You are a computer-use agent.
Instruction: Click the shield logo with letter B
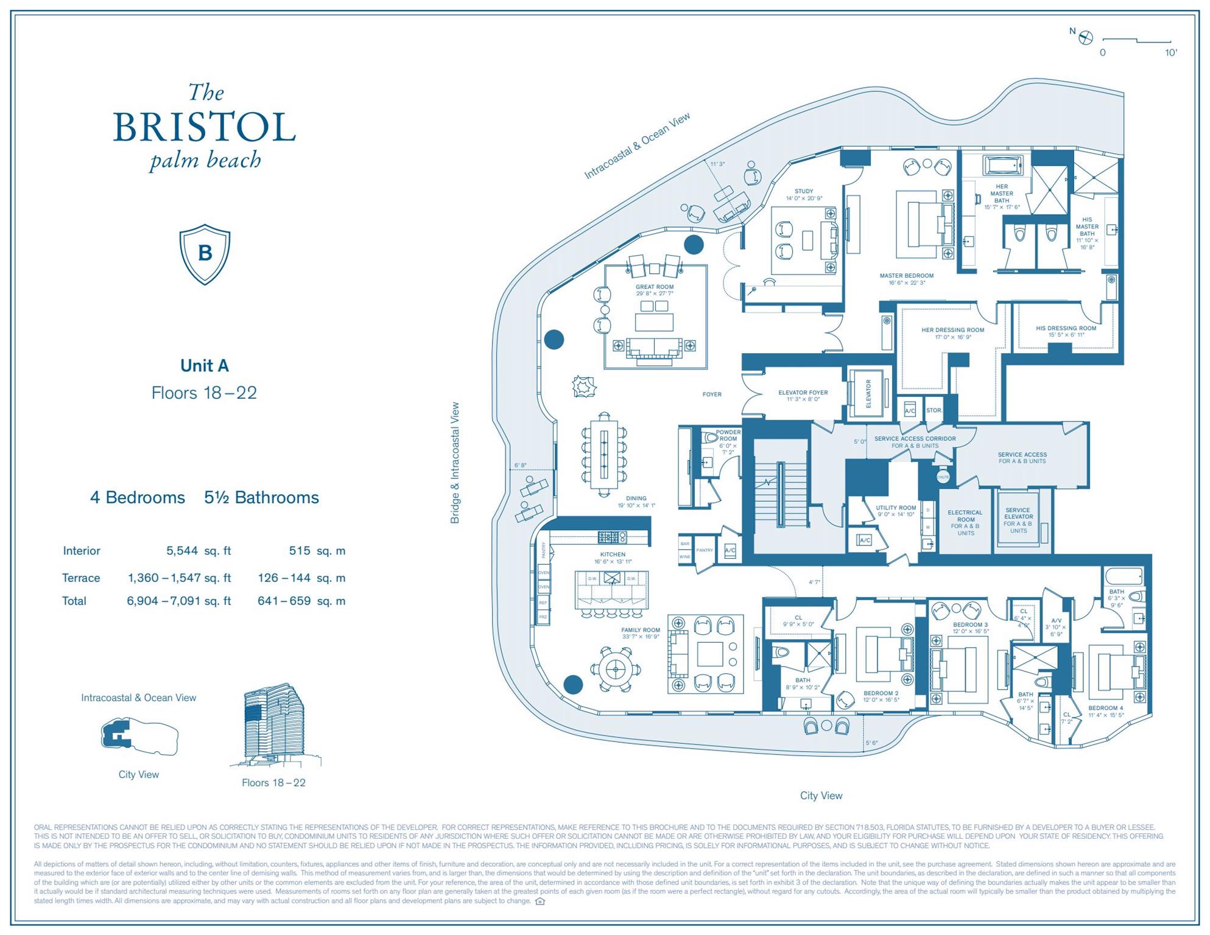[x=205, y=254]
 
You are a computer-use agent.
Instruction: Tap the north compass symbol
[x=1085, y=38]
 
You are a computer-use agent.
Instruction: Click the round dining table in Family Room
[x=616, y=670]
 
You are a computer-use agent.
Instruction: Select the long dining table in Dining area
[x=603, y=454]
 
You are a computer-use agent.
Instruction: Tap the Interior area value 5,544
[x=182, y=551]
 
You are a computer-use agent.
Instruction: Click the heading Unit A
[x=205, y=366]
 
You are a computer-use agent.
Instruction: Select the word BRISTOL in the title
[x=205, y=127]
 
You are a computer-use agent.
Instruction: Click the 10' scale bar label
[x=1170, y=53]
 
